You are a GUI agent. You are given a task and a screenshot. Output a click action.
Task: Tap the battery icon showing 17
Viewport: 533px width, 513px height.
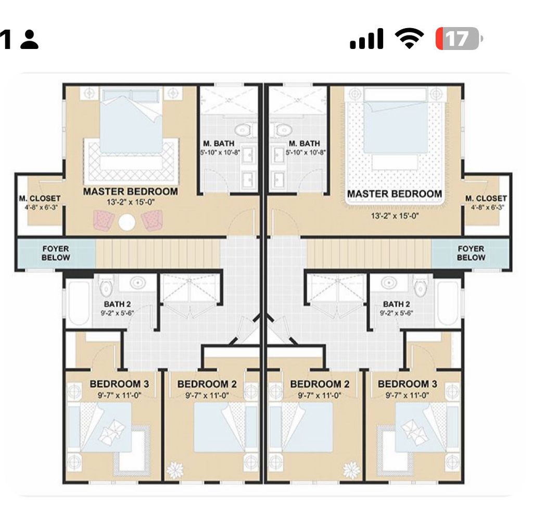[x=460, y=39]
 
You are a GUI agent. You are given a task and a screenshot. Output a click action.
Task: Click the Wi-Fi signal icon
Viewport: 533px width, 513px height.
[x=409, y=38]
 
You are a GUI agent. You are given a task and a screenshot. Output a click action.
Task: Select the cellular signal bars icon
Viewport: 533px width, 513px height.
[x=366, y=39]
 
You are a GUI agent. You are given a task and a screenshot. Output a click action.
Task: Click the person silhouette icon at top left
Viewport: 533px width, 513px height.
[x=29, y=40]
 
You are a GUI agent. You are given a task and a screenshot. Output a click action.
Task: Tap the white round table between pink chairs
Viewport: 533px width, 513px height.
[x=127, y=222]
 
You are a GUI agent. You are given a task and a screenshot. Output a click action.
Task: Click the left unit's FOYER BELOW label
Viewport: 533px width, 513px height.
[x=56, y=253]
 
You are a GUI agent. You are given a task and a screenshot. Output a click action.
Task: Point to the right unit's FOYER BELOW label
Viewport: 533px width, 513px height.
[x=471, y=253]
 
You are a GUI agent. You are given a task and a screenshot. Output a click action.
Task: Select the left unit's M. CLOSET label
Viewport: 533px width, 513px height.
[x=40, y=198]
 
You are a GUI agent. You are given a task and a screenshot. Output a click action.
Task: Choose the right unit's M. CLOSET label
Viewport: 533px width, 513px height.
[x=486, y=198]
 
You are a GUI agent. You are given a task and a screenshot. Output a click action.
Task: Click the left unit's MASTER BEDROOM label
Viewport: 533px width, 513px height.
[x=131, y=192]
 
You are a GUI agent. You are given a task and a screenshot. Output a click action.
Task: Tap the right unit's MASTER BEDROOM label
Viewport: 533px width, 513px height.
[x=395, y=194]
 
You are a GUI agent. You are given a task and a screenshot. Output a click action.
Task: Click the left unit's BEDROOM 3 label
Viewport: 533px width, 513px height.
[x=119, y=384]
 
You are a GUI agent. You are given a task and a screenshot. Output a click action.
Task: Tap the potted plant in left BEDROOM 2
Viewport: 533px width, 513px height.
[x=175, y=470]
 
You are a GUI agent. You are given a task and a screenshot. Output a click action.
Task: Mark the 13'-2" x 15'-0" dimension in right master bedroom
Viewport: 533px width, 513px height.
[x=395, y=216]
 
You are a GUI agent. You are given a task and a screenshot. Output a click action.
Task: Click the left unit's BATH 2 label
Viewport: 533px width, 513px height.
[x=117, y=304]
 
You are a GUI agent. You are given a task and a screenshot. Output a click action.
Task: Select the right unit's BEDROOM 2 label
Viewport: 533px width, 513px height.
[x=320, y=384]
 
